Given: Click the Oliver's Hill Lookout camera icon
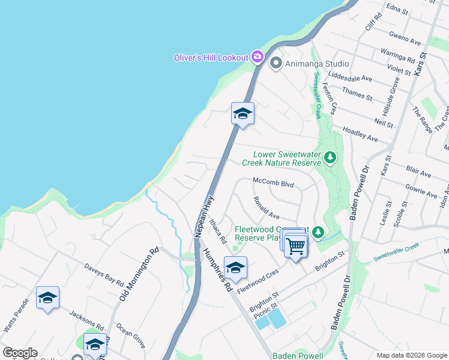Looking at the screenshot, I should [258, 56].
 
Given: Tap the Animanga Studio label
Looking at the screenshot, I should [317, 63].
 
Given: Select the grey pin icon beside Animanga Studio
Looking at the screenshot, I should [276, 62].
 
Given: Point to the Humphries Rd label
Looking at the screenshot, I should [216, 270].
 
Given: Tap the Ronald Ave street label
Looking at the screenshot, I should [267, 208].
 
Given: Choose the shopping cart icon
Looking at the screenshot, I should [295, 245].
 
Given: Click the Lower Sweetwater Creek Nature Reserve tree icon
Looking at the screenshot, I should [330, 158].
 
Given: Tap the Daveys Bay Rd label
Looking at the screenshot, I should [103, 275].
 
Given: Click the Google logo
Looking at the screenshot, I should [20, 353].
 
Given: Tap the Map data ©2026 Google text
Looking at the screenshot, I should [412, 355].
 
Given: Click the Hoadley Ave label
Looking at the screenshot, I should [360, 134].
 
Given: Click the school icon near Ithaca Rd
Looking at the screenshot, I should [235, 267].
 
